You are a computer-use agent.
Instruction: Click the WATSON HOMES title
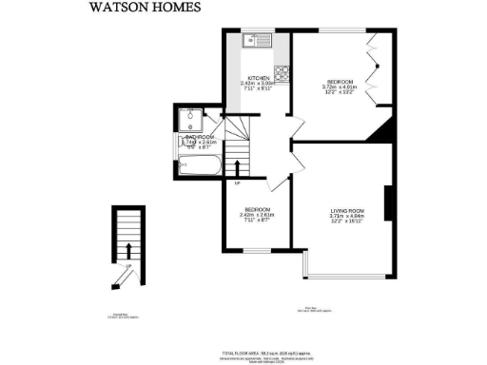(146, 8)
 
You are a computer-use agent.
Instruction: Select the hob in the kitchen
(282, 71)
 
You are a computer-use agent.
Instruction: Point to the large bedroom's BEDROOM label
(340, 83)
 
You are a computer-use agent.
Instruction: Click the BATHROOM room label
(200, 138)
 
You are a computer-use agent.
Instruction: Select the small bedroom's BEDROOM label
(257, 209)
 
